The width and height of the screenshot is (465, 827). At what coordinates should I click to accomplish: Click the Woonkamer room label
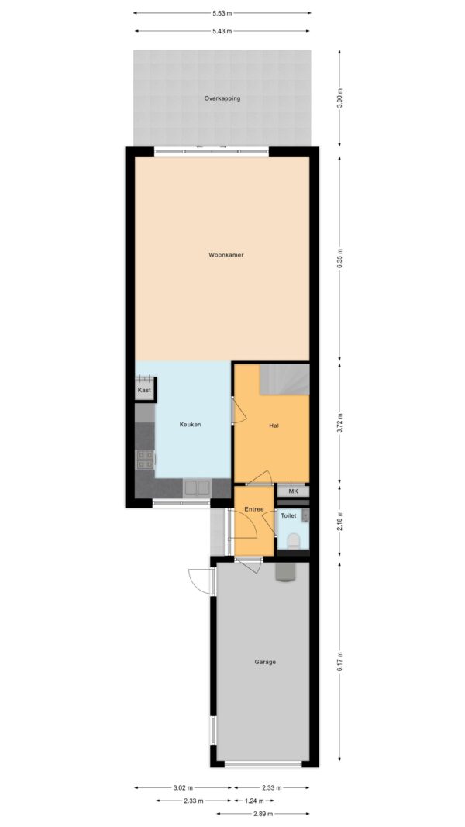pos(226,255)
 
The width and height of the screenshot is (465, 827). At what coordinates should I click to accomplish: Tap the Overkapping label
pos(222,98)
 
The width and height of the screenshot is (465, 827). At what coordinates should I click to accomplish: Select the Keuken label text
pos(190,425)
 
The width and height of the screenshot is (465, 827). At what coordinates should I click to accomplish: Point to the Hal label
pos(274,426)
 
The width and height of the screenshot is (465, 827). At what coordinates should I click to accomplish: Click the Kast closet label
pos(144,391)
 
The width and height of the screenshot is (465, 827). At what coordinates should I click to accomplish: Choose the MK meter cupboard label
pos(293,491)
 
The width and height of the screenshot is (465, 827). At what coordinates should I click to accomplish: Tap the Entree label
pos(253,509)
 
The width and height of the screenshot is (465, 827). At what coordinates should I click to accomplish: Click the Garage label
pos(265,663)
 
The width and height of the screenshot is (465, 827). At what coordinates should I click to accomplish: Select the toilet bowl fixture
pos(294,540)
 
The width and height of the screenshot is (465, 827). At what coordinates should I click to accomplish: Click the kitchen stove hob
pos(145,460)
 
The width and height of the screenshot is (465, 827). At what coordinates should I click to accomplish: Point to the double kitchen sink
pos(197,488)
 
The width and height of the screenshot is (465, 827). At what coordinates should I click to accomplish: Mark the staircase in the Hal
pos(284,379)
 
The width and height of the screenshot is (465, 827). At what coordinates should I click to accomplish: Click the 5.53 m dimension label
pos(222,13)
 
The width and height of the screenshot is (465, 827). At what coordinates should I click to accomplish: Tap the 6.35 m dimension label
pos(340,258)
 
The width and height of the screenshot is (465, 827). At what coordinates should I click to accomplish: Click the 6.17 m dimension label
pos(340,661)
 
